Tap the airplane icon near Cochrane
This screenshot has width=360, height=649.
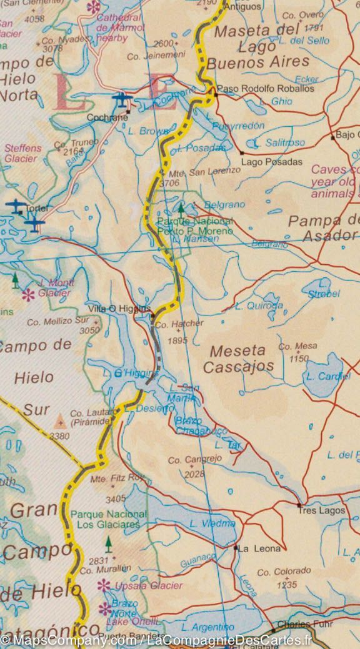click(x=121, y=98)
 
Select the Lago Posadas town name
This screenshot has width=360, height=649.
click(x=271, y=162)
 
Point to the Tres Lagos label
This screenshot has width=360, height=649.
click(x=321, y=510)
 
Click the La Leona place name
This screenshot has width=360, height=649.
click(x=253, y=548)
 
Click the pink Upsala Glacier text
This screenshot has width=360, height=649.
click(x=149, y=585)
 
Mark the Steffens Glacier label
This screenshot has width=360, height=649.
click(x=22, y=154)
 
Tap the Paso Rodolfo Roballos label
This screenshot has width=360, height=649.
click(x=265, y=89)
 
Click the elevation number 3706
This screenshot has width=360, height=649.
click(x=169, y=183)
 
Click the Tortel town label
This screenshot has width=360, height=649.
click(x=36, y=208)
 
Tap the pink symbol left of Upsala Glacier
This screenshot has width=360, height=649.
click(x=104, y=585)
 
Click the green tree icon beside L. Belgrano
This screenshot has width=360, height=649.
click(x=181, y=207)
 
